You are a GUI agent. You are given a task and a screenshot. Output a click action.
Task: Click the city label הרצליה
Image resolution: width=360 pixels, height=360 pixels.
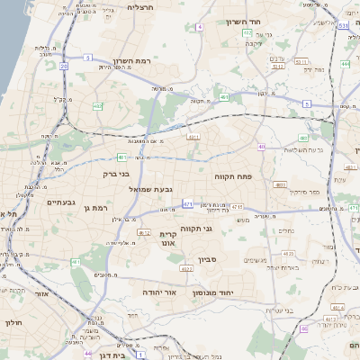coord(141,7)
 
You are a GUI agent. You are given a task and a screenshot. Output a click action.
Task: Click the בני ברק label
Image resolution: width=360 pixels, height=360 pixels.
coord(116,174)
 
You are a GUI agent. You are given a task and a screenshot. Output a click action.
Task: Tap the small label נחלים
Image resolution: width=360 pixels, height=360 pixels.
coord(286,230)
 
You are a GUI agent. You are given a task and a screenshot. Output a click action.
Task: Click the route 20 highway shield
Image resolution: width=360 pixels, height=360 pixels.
coord(63,65)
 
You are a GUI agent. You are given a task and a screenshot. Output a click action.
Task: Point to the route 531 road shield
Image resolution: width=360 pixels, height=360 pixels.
coord(342,26)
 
